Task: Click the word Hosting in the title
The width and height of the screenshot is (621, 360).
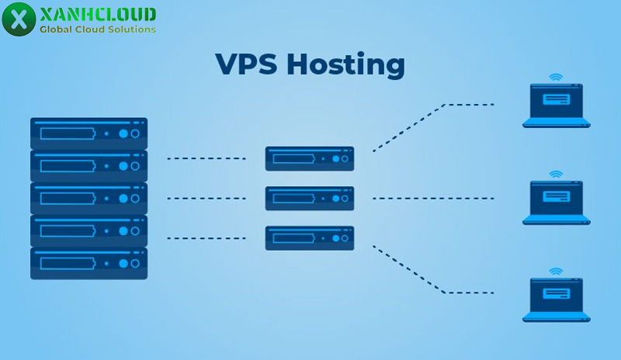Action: pyautogui.click(x=345, y=66)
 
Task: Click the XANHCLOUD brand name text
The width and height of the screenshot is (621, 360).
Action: pyautogui.click(x=97, y=14)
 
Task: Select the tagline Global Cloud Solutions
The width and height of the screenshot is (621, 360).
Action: pyautogui.click(x=98, y=29)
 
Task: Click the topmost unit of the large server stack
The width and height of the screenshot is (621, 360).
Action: pyautogui.click(x=88, y=133)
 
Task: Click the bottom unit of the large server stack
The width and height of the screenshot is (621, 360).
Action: pyautogui.click(x=88, y=263)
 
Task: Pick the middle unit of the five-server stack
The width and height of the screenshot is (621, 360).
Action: pyautogui.click(x=88, y=199)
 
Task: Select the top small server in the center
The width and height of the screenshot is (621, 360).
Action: pyautogui.click(x=309, y=158)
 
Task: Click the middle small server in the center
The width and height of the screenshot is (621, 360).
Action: pyautogui.click(x=309, y=199)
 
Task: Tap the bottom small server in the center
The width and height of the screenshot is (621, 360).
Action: pyautogui.click(x=309, y=237)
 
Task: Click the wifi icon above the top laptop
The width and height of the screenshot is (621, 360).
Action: pyautogui.click(x=554, y=78)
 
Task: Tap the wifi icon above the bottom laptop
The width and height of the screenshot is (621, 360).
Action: pyautogui.click(x=554, y=272)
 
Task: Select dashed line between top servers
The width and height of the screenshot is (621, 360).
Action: pyautogui.click(x=206, y=158)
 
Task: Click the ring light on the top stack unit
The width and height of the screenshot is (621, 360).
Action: pyautogui.click(x=135, y=133)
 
